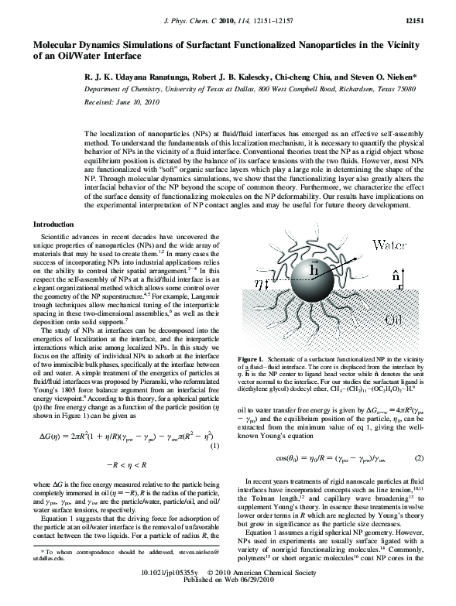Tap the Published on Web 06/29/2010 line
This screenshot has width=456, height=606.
tap(228, 599)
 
